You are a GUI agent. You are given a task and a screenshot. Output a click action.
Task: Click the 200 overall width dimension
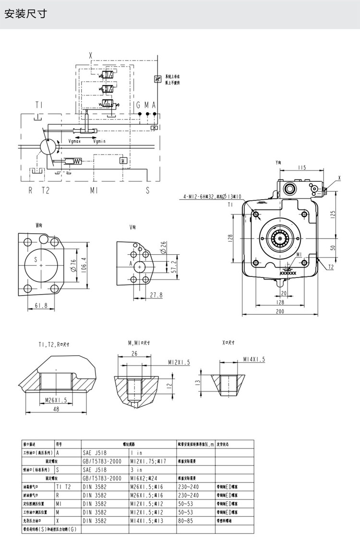click(280, 311)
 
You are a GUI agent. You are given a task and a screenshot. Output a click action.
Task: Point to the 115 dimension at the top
click(301, 167)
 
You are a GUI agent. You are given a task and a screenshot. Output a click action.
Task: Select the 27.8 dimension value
click(156, 295)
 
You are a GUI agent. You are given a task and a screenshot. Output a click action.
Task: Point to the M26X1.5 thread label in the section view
click(56, 400)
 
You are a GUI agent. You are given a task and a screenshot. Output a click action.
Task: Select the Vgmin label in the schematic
click(100, 141)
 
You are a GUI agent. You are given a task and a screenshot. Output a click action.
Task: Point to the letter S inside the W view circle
click(35, 259)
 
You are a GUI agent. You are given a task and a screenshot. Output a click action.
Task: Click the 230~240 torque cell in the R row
click(188, 495)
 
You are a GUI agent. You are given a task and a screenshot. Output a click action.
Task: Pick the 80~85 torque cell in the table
click(185, 520)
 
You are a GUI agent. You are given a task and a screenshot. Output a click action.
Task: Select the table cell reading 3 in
click(137, 470)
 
